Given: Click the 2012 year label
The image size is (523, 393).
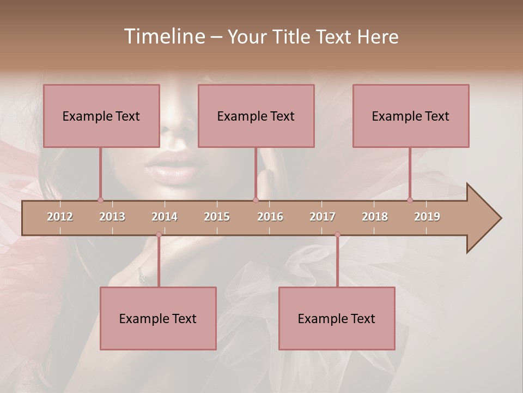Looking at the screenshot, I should (60, 217).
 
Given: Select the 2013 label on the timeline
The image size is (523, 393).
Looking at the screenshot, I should (112, 217).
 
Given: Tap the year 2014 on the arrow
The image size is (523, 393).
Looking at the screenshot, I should (165, 217).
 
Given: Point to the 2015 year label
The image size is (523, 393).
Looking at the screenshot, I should (217, 217).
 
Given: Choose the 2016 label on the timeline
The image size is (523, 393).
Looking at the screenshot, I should (270, 217).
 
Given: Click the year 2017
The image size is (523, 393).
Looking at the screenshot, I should (323, 217).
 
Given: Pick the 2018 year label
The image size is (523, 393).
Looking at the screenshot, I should (375, 217).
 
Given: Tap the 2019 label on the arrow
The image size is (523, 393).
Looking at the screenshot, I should (427, 217).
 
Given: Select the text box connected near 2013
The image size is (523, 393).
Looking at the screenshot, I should (101, 116).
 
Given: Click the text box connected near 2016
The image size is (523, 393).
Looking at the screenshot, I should (256, 116).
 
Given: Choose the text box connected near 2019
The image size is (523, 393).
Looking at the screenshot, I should (411, 116).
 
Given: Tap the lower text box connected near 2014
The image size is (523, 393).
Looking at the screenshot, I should (158, 318).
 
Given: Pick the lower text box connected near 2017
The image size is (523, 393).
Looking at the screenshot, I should (337, 318).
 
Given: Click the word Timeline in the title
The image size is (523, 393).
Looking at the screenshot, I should (163, 37).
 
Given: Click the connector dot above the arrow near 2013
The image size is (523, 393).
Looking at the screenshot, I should (100, 200).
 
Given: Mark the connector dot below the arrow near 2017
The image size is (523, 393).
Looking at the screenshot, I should (337, 235).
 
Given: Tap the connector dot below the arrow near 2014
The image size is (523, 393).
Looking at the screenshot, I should (159, 235).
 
